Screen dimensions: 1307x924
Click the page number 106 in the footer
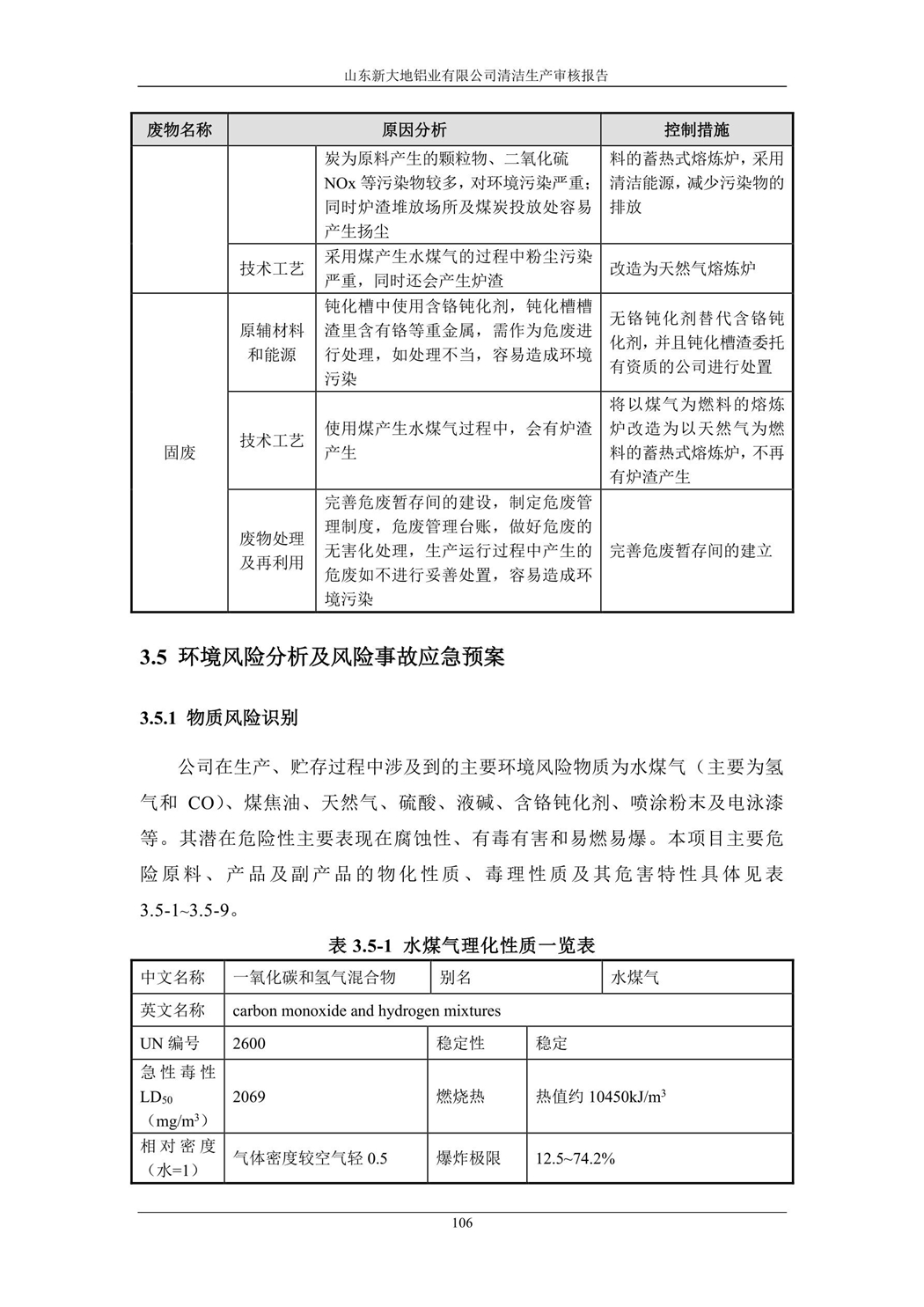click(x=462, y=1223)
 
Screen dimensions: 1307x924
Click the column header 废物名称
click(x=180, y=130)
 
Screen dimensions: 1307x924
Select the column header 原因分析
click(x=414, y=130)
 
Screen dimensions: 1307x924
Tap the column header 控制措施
click(x=696, y=130)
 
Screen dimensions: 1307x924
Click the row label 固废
click(x=180, y=452)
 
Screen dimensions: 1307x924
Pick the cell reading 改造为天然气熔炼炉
click(x=683, y=268)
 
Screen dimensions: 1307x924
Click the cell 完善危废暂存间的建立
click(x=691, y=551)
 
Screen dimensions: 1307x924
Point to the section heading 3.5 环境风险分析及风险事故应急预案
click(x=322, y=657)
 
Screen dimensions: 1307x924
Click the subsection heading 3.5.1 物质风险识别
click(x=219, y=717)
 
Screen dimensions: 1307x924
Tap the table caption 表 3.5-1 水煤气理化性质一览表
click(x=462, y=945)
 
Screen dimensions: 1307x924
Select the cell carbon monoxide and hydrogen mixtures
click(x=366, y=1010)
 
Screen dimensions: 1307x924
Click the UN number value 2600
click(x=249, y=1044)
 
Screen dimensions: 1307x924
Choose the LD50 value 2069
click(x=249, y=1097)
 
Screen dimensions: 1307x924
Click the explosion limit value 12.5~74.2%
click(x=576, y=1158)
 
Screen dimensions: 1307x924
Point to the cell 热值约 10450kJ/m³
click(x=600, y=1097)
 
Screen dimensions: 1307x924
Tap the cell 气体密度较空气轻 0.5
click(x=310, y=1158)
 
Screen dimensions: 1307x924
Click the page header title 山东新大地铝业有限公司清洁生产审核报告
click(x=462, y=76)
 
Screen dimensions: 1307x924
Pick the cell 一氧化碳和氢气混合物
click(x=314, y=978)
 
